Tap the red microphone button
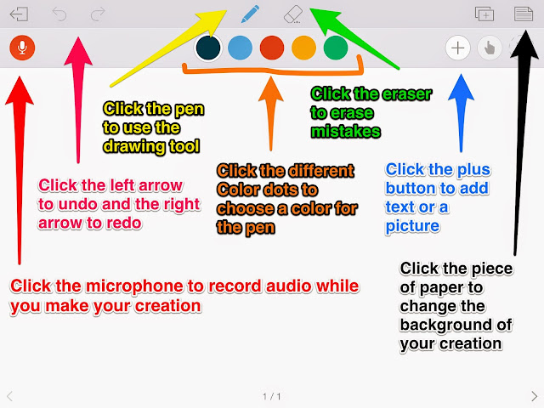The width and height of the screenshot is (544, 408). point(22,48)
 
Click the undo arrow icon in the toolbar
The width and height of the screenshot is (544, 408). point(59,14)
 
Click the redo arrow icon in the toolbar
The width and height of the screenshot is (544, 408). point(98,14)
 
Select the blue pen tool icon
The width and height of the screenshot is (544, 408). point(250,14)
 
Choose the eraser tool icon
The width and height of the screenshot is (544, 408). point(292,14)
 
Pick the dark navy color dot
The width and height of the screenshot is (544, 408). point(208,48)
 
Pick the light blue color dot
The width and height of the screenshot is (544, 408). point(240,48)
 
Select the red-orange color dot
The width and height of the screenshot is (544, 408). point(272,48)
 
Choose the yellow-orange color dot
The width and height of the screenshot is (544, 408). point(304,48)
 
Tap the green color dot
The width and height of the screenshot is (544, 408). point(336,48)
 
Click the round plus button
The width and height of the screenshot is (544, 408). point(458,48)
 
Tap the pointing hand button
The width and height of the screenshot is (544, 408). point(490,48)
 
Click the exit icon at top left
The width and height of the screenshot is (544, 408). point(19,14)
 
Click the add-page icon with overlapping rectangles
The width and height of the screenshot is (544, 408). point(484,14)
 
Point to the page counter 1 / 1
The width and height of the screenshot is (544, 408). point(272,396)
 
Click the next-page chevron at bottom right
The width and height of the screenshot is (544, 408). point(535,396)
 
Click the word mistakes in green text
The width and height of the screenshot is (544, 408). point(346,132)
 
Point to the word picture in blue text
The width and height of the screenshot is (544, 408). point(412,226)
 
